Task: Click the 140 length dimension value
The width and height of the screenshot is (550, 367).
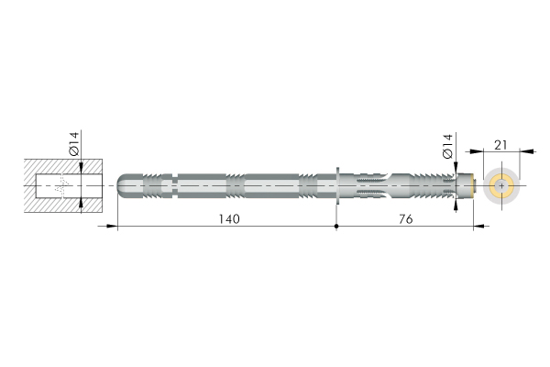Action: pos(229,219)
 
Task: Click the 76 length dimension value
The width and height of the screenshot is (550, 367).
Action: pos(405,219)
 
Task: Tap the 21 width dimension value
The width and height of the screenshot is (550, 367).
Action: pos(500,145)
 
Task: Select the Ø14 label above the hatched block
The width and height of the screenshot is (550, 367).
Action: pos(74,144)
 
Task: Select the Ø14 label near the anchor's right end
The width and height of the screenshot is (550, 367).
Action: pos(448,146)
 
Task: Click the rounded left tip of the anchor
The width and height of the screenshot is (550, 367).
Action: pos(121,185)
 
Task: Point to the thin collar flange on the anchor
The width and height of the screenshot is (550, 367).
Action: pos(337,185)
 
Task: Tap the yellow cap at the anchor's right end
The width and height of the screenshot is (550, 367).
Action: pos(474,185)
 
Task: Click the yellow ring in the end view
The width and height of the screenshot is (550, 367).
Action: pos(501,185)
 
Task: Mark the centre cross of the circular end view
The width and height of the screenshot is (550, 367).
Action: pos(501,185)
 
